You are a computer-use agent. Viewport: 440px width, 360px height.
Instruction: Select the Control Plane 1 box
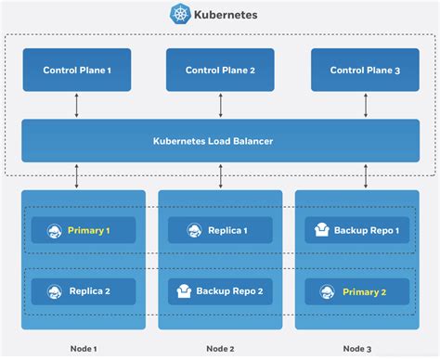(76, 70)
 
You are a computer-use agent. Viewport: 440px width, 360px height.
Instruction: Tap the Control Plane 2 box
(220, 70)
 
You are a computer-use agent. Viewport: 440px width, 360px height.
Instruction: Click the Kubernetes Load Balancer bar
(220, 141)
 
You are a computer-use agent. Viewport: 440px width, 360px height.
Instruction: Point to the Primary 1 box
(84, 230)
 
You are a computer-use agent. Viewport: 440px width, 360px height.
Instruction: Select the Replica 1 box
(220, 230)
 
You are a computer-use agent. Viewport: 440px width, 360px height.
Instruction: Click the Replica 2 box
(84, 290)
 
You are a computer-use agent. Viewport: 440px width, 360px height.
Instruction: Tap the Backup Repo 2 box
(220, 290)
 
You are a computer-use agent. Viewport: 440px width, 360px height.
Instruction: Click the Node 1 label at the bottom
(84, 349)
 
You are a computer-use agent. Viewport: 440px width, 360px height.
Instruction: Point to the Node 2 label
(220, 349)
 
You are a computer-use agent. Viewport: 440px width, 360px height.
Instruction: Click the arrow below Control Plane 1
(76, 106)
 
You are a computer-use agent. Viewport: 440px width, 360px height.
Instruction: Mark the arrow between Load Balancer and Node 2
(220, 176)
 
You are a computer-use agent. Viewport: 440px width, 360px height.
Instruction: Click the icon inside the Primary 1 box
(54, 230)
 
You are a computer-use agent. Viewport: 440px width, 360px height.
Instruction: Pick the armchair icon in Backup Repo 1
(322, 230)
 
